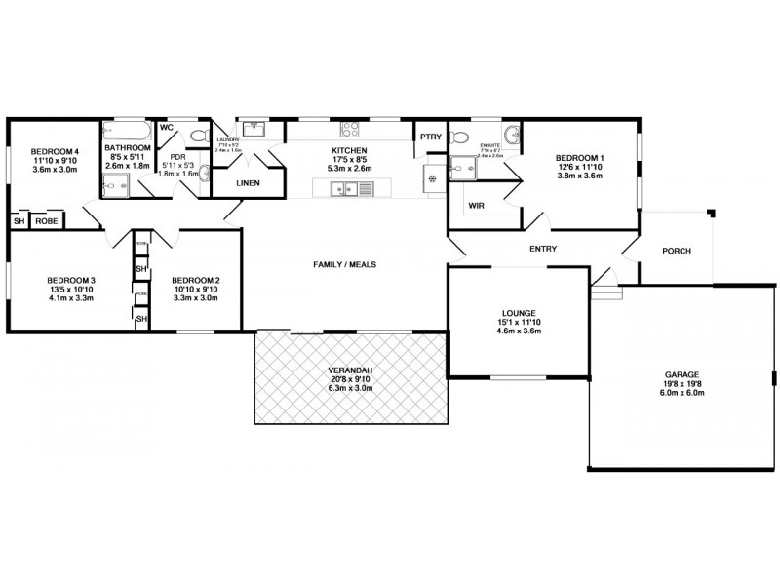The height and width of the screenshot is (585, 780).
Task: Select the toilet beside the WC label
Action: point(198,135)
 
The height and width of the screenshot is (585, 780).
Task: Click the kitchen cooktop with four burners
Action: point(350,129)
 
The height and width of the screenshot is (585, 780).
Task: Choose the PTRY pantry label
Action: point(431,136)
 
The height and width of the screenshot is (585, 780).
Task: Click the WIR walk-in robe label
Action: point(477,206)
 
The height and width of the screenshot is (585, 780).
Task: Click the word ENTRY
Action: point(543,249)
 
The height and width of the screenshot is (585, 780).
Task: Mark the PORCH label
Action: point(676,251)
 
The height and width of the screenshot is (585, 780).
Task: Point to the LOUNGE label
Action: point(518,313)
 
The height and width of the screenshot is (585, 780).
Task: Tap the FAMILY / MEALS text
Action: point(344,264)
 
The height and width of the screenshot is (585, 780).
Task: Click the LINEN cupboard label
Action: point(248,182)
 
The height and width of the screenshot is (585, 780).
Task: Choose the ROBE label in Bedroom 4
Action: point(46,222)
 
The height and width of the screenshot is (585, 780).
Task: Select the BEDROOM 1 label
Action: point(580,158)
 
